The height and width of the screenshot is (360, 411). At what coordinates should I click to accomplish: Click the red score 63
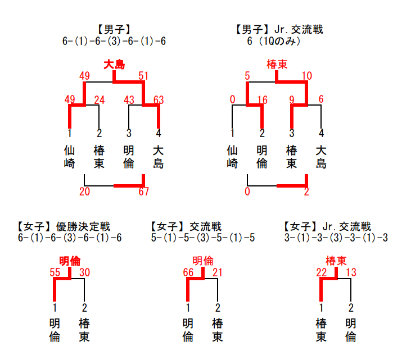tap(159, 100)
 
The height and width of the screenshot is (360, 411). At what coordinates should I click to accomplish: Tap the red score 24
tap(100, 100)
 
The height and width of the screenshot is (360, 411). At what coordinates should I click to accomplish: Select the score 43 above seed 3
tap(129, 100)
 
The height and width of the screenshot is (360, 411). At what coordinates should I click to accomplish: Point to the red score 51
tap(143, 76)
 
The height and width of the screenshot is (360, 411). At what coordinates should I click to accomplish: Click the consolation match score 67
tap(143, 192)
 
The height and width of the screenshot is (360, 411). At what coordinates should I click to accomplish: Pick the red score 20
tap(85, 192)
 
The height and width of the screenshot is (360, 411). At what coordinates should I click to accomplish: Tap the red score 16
tap(263, 100)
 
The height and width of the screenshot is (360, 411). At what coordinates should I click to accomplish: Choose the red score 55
tap(55, 272)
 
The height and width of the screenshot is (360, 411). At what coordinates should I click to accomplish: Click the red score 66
tap(188, 272)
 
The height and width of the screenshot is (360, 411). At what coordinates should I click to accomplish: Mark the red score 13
tap(351, 272)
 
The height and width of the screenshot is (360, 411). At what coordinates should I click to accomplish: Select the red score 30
tap(85, 272)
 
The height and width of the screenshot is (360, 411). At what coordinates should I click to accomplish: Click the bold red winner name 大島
tap(114, 65)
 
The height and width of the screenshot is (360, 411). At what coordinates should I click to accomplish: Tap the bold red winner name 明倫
tap(70, 261)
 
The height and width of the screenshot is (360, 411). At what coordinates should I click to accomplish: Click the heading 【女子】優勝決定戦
tap(64, 227)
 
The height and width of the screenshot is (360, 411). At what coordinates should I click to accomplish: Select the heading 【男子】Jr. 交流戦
tap(279, 30)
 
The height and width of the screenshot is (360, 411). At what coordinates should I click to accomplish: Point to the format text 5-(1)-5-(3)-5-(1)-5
tap(203, 238)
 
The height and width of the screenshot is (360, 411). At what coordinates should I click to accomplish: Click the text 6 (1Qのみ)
tap(273, 41)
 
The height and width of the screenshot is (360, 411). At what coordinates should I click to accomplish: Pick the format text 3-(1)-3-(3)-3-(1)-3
tap(336, 238)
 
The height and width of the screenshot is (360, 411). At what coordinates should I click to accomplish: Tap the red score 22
tap(322, 272)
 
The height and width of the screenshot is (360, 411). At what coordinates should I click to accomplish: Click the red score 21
tap(218, 272)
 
